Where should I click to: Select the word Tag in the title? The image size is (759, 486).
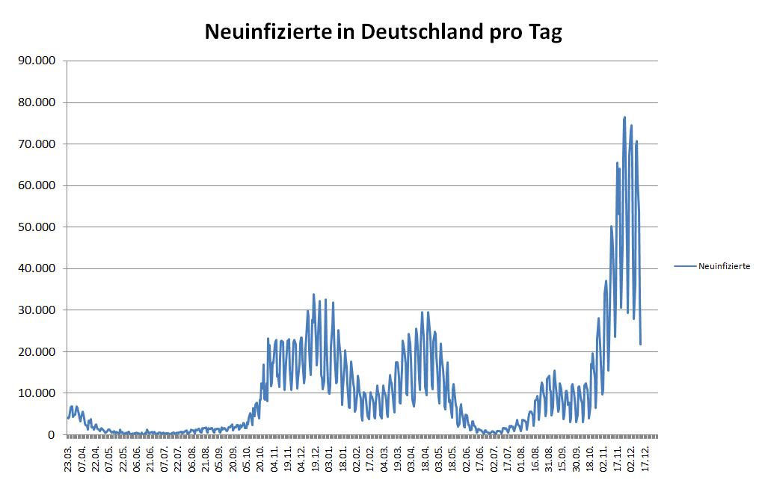(x=546, y=33)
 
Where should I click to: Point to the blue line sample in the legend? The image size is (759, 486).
(x=685, y=265)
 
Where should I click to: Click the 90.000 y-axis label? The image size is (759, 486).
(x=37, y=61)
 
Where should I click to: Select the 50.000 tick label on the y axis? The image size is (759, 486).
(x=37, y=227)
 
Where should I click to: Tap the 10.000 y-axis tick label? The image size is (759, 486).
(x=37, y=393)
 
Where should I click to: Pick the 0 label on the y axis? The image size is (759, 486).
(x=52, y=434)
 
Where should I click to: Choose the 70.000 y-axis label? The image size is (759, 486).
(x=37, y=144)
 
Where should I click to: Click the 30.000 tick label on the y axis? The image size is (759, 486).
(x=37, y=310)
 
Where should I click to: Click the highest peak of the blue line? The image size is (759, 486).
(x=624, y=117)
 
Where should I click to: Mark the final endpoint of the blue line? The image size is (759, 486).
(x=641, y=344)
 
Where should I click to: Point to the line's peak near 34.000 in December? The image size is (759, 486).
(x=314, y=295)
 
